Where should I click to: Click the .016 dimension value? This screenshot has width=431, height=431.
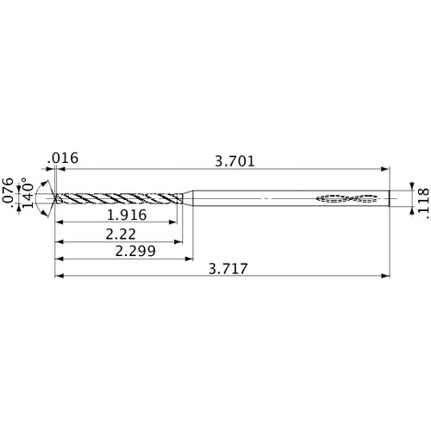[65, 159]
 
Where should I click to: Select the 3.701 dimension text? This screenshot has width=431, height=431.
[234, 159]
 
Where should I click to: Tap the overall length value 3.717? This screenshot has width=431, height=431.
[228, 269]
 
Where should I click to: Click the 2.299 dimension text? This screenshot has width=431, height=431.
[129, 251]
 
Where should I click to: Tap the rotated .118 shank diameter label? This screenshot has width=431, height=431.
[422, 197]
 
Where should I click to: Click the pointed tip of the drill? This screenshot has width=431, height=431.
[54, 199]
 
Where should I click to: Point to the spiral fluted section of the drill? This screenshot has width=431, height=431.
[121, 199]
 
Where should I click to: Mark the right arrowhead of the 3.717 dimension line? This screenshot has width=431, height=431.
[385, 277]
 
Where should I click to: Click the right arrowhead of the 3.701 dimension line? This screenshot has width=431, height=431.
[385, 169]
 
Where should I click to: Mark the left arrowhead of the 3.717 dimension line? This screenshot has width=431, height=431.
[58, 277]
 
